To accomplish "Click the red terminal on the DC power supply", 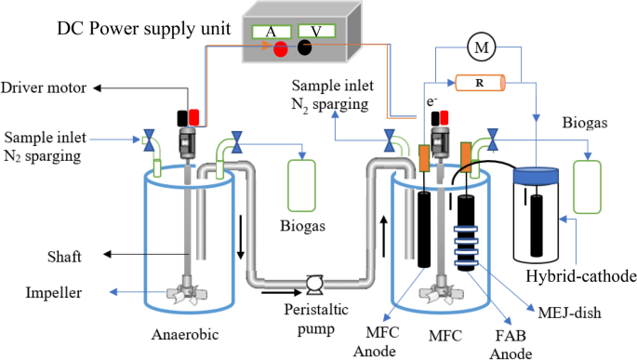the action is [x=280, y=49].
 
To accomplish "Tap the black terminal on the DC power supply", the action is [x=305, y=47].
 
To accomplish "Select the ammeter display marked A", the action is [x=272, y=32].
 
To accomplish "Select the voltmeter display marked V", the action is [x=316, y=31].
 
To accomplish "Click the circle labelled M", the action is [x=482, y=47].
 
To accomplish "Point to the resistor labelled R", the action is [x=480, y=83].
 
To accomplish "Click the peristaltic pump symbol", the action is [x=314, y=285].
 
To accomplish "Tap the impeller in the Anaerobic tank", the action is [x=187, y=293].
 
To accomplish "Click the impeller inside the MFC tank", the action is [x=441, y=293].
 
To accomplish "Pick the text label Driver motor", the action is [x=44, y=87].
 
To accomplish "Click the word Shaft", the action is [x=64, y=257].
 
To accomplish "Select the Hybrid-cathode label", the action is [x=581, y=276].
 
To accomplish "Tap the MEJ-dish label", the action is [x=569, y=313].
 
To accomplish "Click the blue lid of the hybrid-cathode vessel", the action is [x=536, y=175].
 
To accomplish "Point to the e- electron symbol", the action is [x=431, y=101].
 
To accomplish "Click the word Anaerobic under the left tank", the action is [x=185, y=334].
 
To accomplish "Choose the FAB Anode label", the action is [x=511, y=344].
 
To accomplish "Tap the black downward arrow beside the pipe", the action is [x=241, y=237].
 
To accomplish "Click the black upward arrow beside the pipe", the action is [x=383, y=237].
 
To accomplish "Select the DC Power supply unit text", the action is [x=144, y=29].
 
